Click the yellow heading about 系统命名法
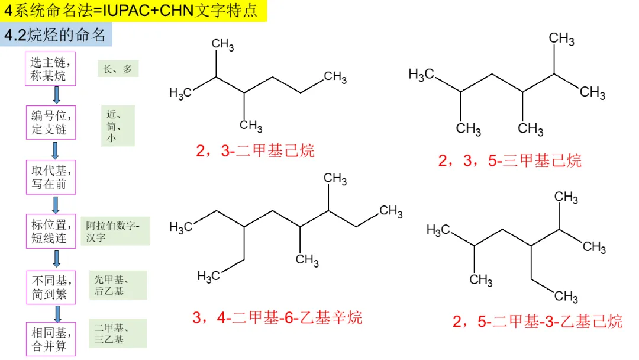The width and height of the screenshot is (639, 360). pos(133,11)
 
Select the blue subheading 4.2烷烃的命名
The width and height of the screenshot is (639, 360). pos(56,35)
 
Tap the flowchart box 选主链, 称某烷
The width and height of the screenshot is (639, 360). pos(50,69)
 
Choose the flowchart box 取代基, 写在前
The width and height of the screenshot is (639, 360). pos(50,176)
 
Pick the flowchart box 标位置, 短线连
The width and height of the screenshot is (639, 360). pos(50,231)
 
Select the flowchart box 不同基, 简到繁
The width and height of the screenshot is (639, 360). pos(50,287)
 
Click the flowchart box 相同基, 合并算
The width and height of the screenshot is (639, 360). pos(50,339)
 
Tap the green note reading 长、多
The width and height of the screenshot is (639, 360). pos(118,69)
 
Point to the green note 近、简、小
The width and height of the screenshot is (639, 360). pos(117,126)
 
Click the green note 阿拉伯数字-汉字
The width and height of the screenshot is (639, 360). pos(115,231)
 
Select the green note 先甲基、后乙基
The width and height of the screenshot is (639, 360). pos(118,285)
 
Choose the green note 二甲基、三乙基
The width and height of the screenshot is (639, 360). pos(118,333)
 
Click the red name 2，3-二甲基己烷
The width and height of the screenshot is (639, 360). pos(255,150)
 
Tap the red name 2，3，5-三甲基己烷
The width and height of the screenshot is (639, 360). pos(509,160)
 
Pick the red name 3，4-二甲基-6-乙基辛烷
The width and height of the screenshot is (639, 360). pos(277,318)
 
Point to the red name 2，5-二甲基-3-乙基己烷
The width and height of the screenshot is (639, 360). pos(537,322)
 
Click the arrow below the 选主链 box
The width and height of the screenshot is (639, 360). pos(57,95)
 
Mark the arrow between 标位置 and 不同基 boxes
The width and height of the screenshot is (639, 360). pos(57,259)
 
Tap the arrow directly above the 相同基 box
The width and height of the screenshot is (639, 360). pos(57,313)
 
